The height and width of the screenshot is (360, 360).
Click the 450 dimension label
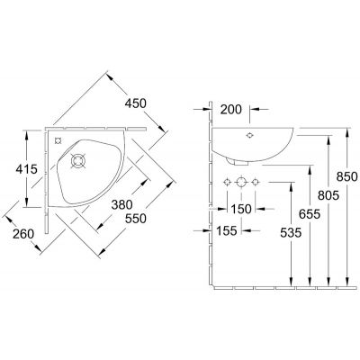click(x=135, y=103)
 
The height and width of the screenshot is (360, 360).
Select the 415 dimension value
click(x=26, y=169)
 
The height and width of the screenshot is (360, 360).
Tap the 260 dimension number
click(x=23, y=234)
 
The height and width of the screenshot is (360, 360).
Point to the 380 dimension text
click(x=121, y=205)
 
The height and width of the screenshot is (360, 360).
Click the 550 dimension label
click(x=136, y=219)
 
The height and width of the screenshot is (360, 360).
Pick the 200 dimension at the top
click(x=230, y=110)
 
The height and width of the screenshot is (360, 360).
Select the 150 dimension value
click(x=241, y=209)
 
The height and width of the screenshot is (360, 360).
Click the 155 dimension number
click(x=227, y=230)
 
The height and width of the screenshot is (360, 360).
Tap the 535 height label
click(x=291, y=233)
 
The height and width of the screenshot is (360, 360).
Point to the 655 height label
click(x=310, y=214)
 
